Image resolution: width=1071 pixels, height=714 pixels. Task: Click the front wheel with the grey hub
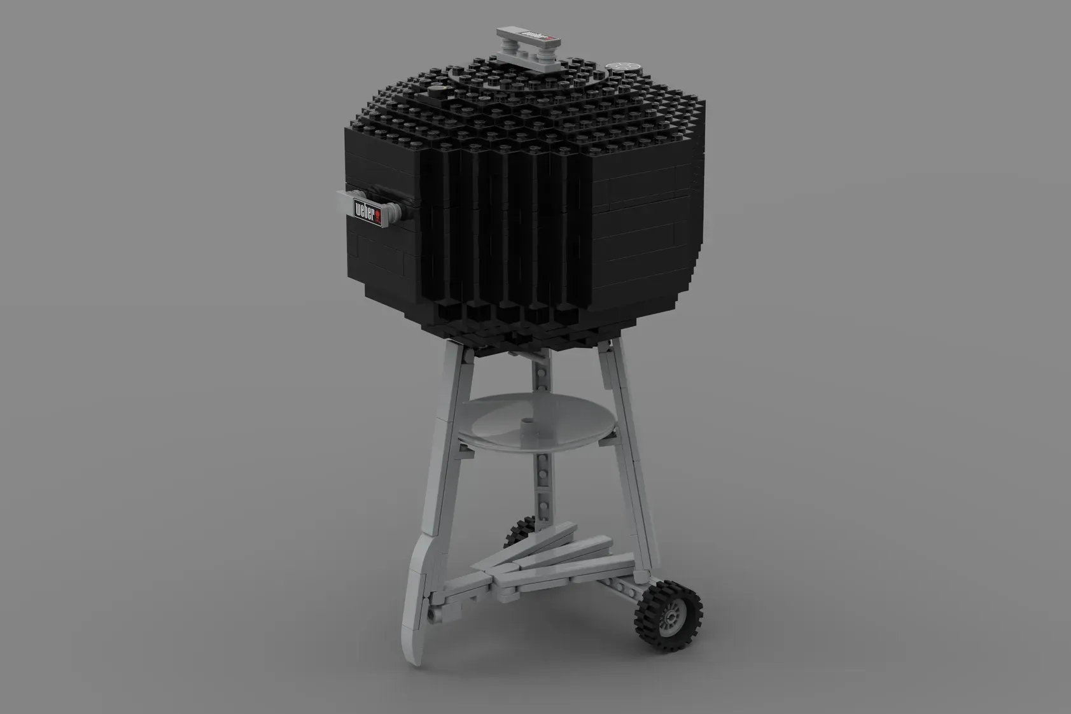[668, 616]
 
